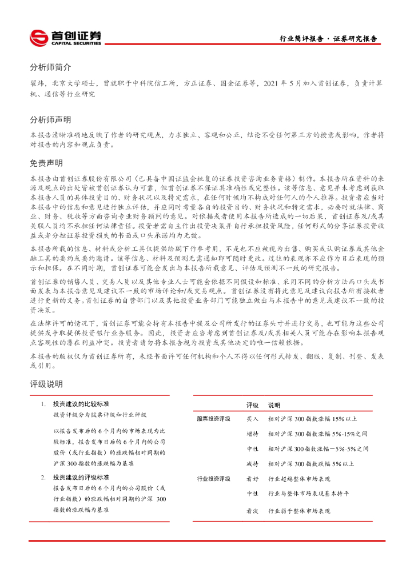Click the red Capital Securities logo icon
click(39, 38)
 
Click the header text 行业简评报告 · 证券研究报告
click(328, 39)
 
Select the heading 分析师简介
click(50, 67)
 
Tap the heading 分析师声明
click(50, 119)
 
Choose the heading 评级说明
click(46, 384)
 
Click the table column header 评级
click(252, 404)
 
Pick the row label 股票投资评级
click(213, 419)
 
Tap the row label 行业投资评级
click(213, 479)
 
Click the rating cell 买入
click(252, 419)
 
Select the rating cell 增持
click(252, 434)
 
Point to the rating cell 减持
click(252, 463)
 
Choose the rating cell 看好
click(252, 479)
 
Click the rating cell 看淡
click(252, 511)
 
